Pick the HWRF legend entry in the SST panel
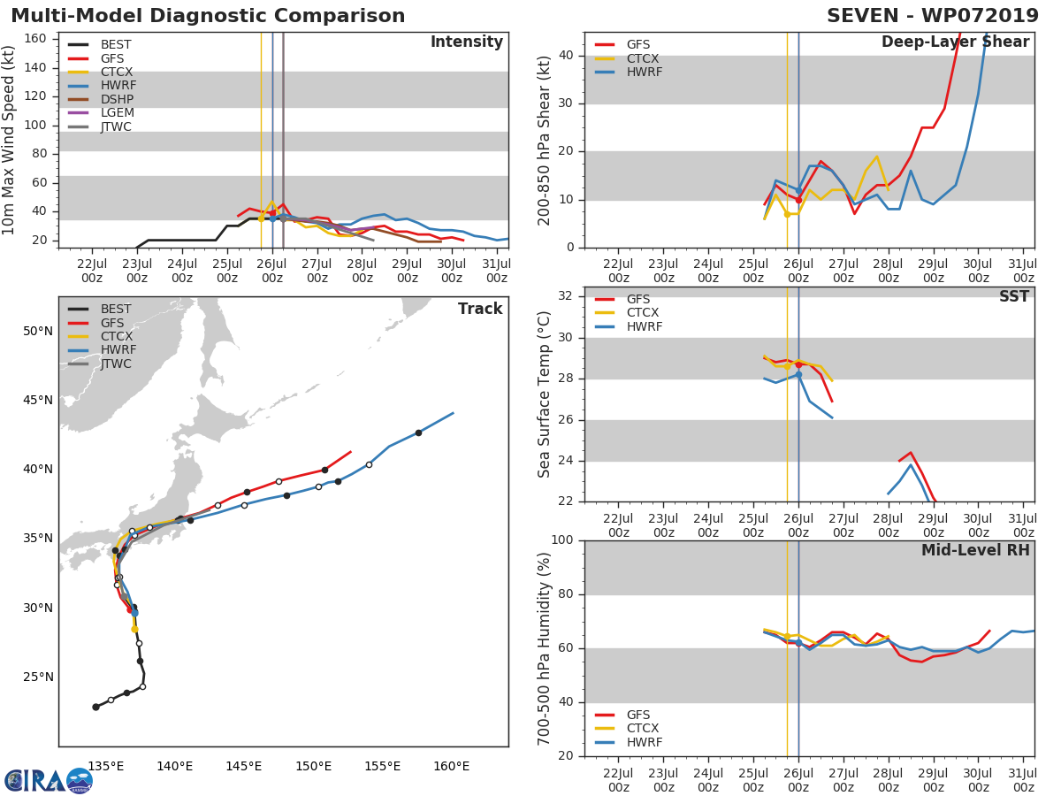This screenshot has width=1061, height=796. click(645, 327)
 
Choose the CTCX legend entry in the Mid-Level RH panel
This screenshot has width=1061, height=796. click(645, 729)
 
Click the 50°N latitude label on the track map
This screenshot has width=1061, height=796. click(37, 332)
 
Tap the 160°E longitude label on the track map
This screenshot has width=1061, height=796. click(451, 766)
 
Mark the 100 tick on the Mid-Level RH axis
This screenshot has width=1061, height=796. click(562, 540)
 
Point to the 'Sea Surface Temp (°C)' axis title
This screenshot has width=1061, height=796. click(545, 394)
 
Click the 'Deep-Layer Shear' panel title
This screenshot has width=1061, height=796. click(955, 42)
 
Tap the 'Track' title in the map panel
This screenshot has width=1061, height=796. click(480, 310)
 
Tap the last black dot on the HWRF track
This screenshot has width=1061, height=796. click(418, 432)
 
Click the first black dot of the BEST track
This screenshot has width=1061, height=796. click(95, 707)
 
